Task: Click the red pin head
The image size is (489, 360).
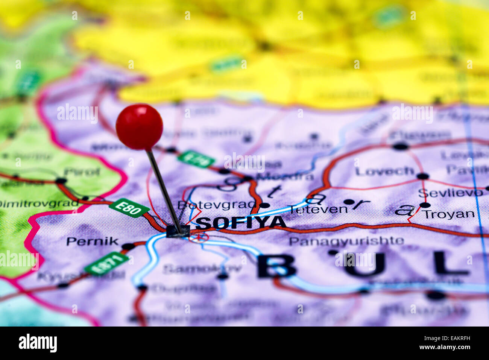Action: pos(139,127)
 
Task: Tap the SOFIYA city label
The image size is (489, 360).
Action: pos(241,223)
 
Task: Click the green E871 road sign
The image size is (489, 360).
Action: pos(106,263)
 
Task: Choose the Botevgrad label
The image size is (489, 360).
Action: pos(216,205)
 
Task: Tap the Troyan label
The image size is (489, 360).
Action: pos(449,214)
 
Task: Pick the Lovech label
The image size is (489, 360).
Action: pos(384,172)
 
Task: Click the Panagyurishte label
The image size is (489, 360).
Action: pos(346,241)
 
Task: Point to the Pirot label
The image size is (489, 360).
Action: pos(82,172)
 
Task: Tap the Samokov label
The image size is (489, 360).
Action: pos(202,269)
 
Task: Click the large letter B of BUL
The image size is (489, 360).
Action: pos(276,265)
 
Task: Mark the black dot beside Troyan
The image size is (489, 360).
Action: pos(425,205)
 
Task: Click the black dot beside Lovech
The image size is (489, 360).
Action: pos(423,176)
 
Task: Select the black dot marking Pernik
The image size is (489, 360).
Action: pos(128,247)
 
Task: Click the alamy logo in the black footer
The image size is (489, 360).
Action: pos(38,343)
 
